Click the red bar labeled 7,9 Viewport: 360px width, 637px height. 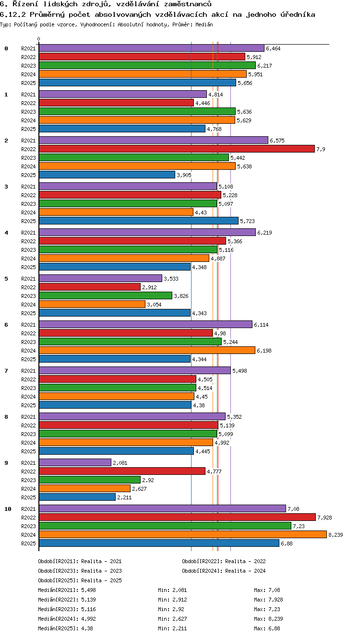pyautogui.click(x=177, y=149)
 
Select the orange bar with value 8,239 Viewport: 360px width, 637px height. pyautogui.click(x=183, y=534)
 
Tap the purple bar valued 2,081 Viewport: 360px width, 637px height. pyautogui.click(x=75, y=462)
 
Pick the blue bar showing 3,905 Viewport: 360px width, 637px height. pyautogui.click(x=107, y=175)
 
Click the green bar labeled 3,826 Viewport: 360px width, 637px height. pyautogui.click(x=106, y=295)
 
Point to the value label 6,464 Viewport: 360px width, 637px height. pyautogui.click(x=273, y=48)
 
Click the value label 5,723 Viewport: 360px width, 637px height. pyautogui.click(x=247, y=221)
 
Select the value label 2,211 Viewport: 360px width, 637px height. pyautogui.click(x=124, y=497)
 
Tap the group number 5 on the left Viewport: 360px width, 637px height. pyautogui.click(x=6, y=279)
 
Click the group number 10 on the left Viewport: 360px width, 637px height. pyautogui.click(x=8, y=509)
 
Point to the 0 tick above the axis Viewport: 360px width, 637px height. pyautogui.click(x=39, y=39)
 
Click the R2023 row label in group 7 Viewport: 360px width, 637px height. pyautogui.click(x=28, y=388)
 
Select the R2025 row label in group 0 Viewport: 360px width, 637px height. pyautogui.click(x=28, y=83)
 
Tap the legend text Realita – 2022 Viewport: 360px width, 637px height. pyautogui.click(x=245, y=561)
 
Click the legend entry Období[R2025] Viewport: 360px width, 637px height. pyautogui.click(x=58, y=580)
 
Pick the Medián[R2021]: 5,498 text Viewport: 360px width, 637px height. pyautogui.click(x=67, y=590)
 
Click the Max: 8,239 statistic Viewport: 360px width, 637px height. pyautogui.click(x=268, y=619)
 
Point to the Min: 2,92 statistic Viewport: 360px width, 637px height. pyautogui.click(x=171, y=609)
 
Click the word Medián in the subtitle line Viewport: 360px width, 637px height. pyautogui.click(x=204, y=25)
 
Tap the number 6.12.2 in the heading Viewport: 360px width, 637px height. pyautogui.click(x=13, y=14)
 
